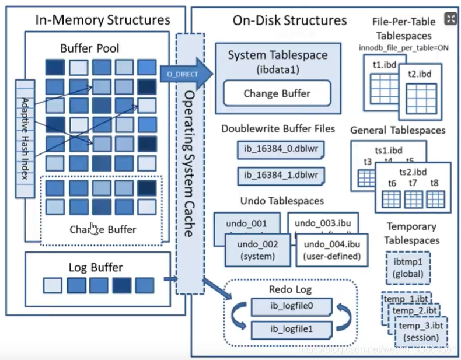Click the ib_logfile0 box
coord(291,306)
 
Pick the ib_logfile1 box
coord(291,329)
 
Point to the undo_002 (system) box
coord(257,250)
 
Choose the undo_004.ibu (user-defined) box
coord(331,250)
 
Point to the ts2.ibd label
coord(413,171)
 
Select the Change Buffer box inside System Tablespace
coord(277,93)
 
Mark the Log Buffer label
coord(96,268)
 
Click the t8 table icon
coord(435,198)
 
